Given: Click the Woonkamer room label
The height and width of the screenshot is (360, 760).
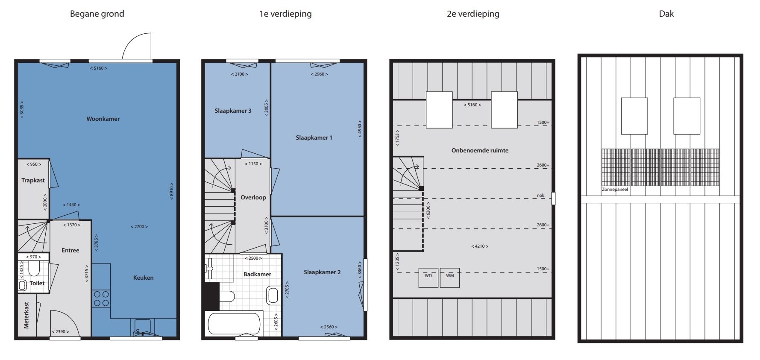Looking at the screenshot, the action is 103,119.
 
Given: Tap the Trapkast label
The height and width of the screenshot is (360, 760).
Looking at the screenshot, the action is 33,180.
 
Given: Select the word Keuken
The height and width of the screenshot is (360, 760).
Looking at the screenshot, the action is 143,278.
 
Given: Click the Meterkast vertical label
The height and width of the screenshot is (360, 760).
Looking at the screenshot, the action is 26,315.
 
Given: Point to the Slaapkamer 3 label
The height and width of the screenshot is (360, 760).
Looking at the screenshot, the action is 233,111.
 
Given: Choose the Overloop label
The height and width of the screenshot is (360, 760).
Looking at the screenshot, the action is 253,197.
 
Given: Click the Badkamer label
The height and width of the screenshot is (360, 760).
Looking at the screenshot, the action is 257,274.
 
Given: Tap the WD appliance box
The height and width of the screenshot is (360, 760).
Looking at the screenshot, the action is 428,278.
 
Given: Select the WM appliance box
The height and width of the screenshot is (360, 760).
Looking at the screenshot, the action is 450,278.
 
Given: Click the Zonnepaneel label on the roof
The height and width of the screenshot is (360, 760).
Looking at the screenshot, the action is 615,189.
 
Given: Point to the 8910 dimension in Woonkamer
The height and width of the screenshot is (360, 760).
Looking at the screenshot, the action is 171,191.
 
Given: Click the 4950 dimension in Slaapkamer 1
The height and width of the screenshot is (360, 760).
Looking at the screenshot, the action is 360,128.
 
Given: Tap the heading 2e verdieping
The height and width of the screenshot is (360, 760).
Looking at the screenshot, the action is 473,14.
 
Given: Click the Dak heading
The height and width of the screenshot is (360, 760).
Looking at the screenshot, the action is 666,14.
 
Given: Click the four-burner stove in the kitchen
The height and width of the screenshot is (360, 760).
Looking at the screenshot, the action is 101,299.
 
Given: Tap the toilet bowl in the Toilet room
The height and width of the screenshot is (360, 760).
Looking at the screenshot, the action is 34,269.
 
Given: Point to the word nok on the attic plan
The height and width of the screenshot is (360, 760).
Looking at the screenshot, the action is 541,196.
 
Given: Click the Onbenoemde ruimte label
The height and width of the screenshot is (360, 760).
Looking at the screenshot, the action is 480,150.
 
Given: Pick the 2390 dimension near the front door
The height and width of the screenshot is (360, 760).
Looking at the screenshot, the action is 60,332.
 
